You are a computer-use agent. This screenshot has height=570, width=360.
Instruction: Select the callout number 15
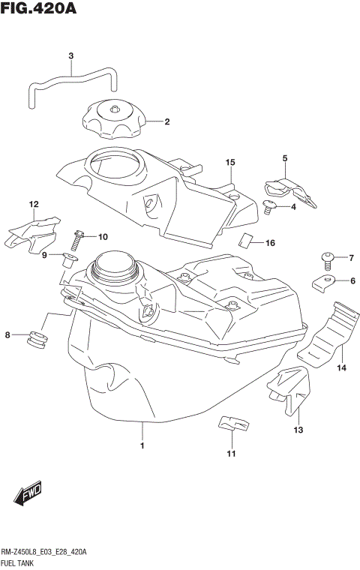point(229,162)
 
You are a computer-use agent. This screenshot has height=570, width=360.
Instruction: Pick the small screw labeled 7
point(327,260)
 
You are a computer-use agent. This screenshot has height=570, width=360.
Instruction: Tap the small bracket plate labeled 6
point(324,282)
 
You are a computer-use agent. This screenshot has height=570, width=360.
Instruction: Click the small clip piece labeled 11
point(232,424)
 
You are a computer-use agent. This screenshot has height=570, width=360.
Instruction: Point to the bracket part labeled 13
point(290,390)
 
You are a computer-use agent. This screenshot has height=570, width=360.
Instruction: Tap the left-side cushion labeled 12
point(33,232)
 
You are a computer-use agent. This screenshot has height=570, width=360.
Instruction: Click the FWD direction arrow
point(26,494)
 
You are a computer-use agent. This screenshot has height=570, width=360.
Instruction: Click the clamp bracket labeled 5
point(291,190)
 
